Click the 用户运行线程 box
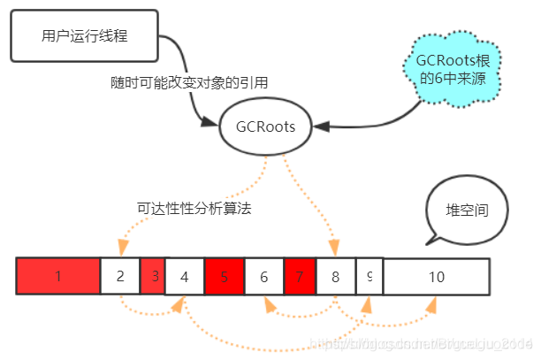pyautogui.click(x=84, y=36)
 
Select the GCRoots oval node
pyautogui.click(x=265, y=126)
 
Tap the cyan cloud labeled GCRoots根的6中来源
pyautogui.click(x=455, y=69)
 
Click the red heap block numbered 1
pyautogui.click(x=57, y=277)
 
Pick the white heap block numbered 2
pyautogui.click(x=119, y=277)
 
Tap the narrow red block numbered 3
pyautogui.click(x=153, y=277)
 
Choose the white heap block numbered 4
pyautogui.click(x=185, y=277)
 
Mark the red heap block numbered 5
pyautogui.click(x=225, y=277)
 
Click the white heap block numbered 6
pyautogui.click(x=263, y=277)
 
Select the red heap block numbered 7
pyautogui.click(x=300, y=277)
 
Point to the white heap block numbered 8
pyautogui.click(x=336, y=277)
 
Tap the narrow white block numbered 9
pyautogui.click(x=369, y=277)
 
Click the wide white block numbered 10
pyautogui.click(x=436, y=277)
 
